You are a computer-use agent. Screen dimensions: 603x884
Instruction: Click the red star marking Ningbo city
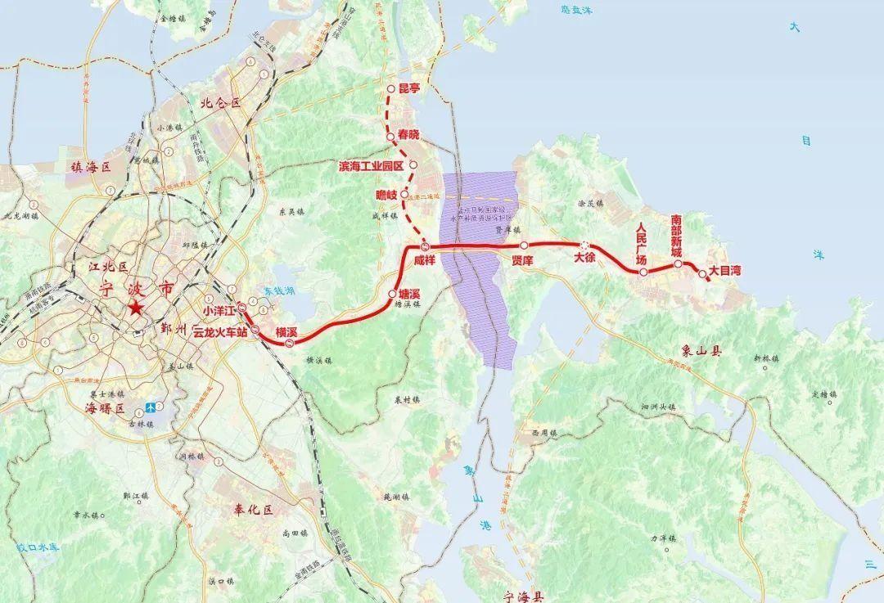point(135,308)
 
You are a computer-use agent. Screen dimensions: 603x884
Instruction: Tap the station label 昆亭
point(408,89)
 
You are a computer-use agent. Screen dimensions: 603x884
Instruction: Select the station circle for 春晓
point(390,135)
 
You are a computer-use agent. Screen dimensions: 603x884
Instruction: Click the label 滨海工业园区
point(372,165)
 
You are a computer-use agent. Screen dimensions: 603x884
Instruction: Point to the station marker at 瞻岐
point(404,195)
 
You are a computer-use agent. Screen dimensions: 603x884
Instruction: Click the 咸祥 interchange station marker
point(424,246)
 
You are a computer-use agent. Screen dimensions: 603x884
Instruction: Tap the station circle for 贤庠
point(523,245)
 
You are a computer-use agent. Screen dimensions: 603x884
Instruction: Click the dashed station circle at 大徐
point(584,245)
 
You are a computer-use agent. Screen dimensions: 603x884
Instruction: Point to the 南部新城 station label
point(676,236)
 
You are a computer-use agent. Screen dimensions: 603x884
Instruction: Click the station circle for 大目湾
point(702,274)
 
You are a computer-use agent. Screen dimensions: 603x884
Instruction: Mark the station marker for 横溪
point(291,344)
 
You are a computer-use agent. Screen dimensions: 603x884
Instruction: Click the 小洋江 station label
point(219,311)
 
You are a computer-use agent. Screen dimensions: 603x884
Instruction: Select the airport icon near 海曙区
point(151,407)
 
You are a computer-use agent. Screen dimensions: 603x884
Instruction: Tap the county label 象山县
point(704,353)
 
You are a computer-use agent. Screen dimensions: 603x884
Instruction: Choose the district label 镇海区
point(90,166)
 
